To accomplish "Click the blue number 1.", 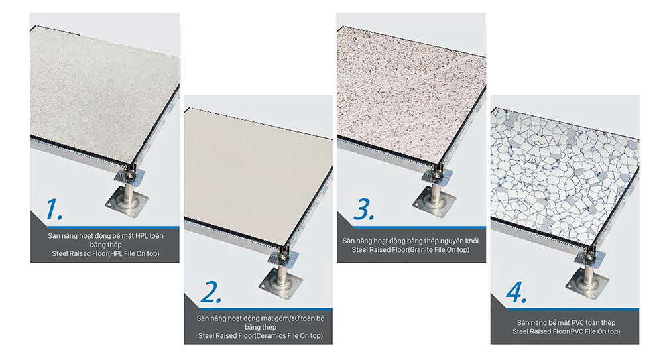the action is pos(53,209).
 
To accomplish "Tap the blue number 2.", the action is pos(211,292).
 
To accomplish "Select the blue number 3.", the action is pos(363,209).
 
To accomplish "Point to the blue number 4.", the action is pos(516,292).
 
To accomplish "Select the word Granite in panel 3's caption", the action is pos(422,249).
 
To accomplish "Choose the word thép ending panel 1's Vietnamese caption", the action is pos(115,245).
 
